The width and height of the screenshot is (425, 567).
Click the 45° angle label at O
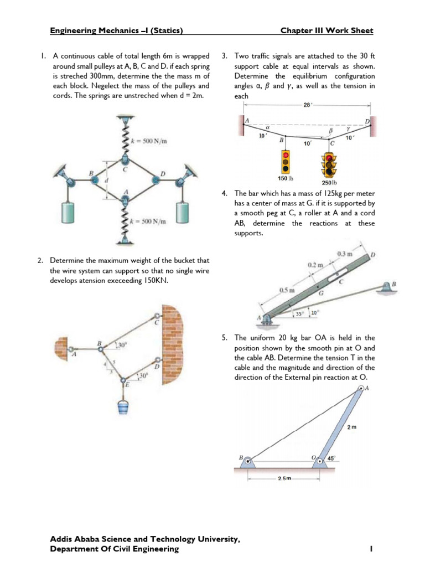pyautogui.click(x=331, y=459)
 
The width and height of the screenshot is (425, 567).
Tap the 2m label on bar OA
pyautogui.click(x=351, y=427)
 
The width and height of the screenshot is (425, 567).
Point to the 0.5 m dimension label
pyautogui.click(x=287, y=290)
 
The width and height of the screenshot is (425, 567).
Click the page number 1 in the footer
pyautogui.click(x=371, y=549)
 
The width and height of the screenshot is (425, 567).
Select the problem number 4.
pyautogui.click(x=224, y=193)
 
